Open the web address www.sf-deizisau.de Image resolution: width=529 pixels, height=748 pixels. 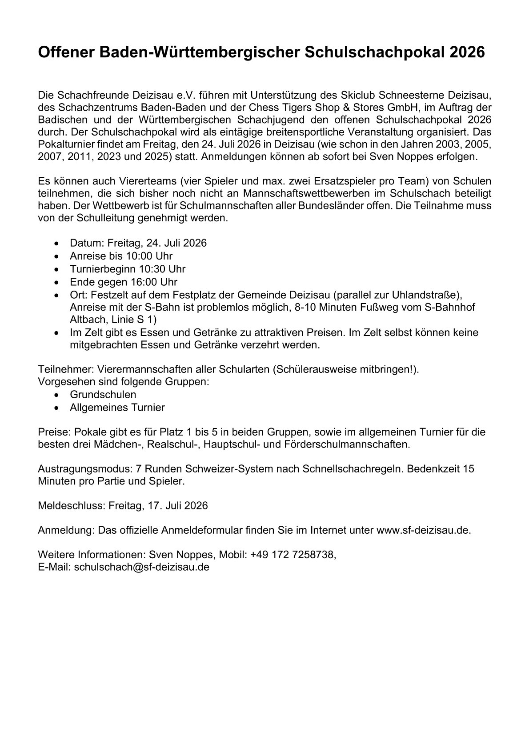pyautogui.click(x=423, y=530)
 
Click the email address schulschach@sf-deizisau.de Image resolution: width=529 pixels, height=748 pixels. pyautogui.click(x=141, y=567)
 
